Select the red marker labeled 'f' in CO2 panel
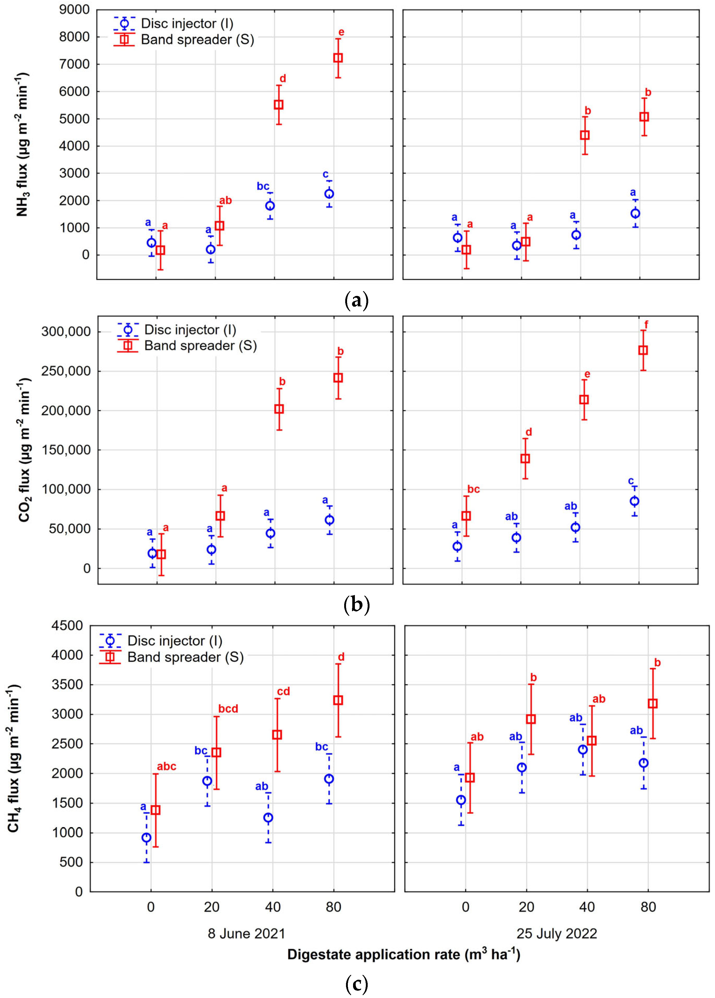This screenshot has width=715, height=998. click(643, 350)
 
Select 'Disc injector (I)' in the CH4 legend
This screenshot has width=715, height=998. click(175, 641)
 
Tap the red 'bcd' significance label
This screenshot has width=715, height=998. click(228, 709)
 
